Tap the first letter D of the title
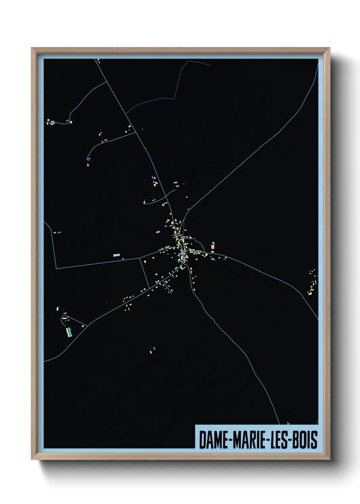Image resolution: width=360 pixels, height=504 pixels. pos(202,440)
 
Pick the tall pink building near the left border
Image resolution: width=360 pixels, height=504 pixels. pos(57,309)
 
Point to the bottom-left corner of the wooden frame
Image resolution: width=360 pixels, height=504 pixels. pos(32,459)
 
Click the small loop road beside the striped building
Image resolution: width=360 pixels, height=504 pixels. pos(64,319)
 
